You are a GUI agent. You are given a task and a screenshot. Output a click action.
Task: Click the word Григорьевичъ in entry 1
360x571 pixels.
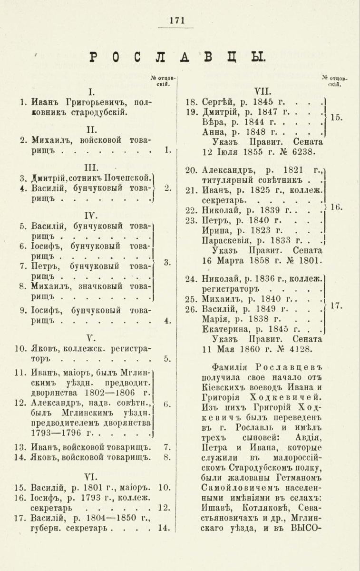click(90, 102)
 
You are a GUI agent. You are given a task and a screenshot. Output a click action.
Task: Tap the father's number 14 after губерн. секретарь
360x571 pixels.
click(165, 527)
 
